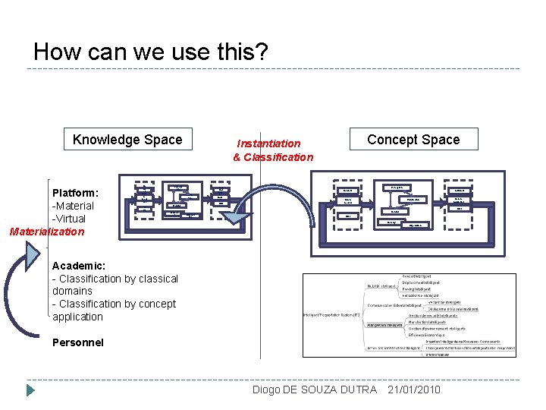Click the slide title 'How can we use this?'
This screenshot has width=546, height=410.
(150, 52)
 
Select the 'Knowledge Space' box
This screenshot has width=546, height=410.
(127, 140)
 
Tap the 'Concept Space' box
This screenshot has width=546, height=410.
(413, 140)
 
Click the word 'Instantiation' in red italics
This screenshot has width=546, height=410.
(268, 143)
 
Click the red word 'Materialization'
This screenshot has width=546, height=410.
(46, 232)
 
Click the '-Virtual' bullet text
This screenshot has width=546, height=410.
(70, 219)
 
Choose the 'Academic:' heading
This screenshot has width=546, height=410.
(79, 266)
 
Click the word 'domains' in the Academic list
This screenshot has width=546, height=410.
(72, 291)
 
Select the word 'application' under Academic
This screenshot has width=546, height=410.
(77, 317)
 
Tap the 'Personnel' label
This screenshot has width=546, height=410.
(78, 342)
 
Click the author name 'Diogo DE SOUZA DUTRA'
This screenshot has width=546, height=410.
(314, 389)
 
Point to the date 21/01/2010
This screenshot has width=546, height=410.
(414, 389)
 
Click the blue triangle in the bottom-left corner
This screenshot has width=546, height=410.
(30, 390)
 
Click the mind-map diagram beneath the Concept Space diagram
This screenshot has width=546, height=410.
(409, 314)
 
